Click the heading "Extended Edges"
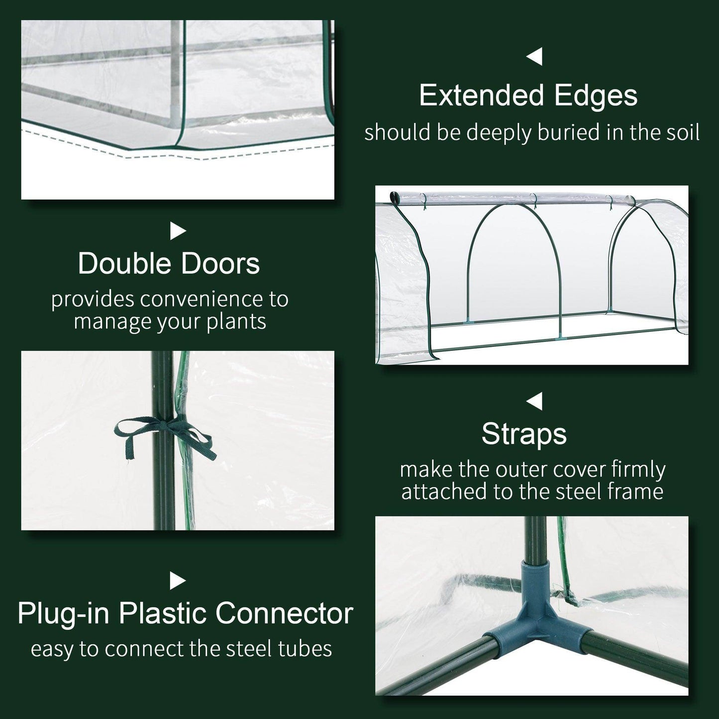tap(528, 96)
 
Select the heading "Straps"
tap(524, 434)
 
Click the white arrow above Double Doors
tap(178, 231)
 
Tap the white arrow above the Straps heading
tap(534, 401)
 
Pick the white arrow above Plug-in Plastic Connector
tap(178, 580)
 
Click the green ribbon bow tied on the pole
tap(164, 432)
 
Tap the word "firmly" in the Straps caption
tap(639, 470)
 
